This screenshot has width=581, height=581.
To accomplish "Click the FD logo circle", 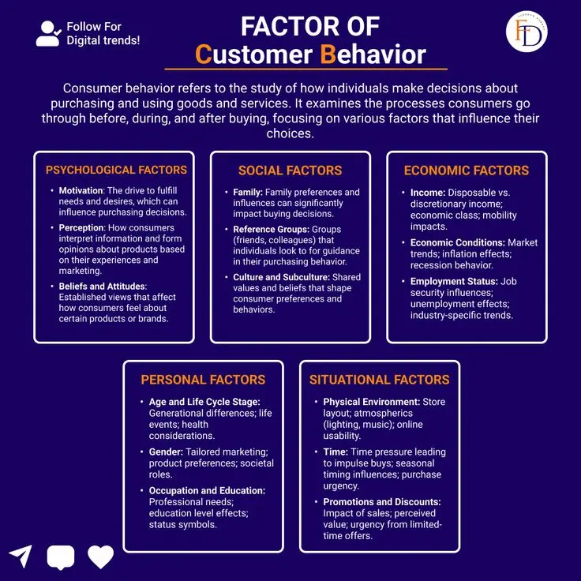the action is pos(527,31).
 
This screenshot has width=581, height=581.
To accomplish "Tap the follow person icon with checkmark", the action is pos(48,33).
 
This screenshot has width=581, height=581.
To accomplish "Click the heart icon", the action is pos(100,557).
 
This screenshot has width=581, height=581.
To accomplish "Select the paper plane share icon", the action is pos(21,556).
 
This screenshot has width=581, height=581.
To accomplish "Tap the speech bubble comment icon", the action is pos(61,557).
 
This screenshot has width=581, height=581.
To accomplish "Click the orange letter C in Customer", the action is pos(204,54).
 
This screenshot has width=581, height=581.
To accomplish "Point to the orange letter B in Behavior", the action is pos(328,54).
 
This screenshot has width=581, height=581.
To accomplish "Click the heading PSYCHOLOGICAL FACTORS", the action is pos(116,170).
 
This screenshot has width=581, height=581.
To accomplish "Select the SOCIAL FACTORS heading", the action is pos(290,171).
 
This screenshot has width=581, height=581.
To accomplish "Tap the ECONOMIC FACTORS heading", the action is pos(467,171).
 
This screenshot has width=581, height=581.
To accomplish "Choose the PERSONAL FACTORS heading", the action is pos(203,380).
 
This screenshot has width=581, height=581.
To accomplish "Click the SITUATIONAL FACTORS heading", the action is pos(380,380).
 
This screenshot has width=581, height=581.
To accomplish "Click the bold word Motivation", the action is pos(81,190).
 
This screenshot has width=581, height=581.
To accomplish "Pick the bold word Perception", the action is pos(81,228).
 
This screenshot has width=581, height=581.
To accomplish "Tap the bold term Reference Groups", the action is pos(271,230).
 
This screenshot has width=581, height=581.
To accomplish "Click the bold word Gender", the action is pos(166,452).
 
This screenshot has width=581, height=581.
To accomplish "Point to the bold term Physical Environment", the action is pos(371,402).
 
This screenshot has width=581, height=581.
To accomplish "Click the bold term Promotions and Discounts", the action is pos(382,502).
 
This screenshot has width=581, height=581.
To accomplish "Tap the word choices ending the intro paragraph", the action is pos(290,133).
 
